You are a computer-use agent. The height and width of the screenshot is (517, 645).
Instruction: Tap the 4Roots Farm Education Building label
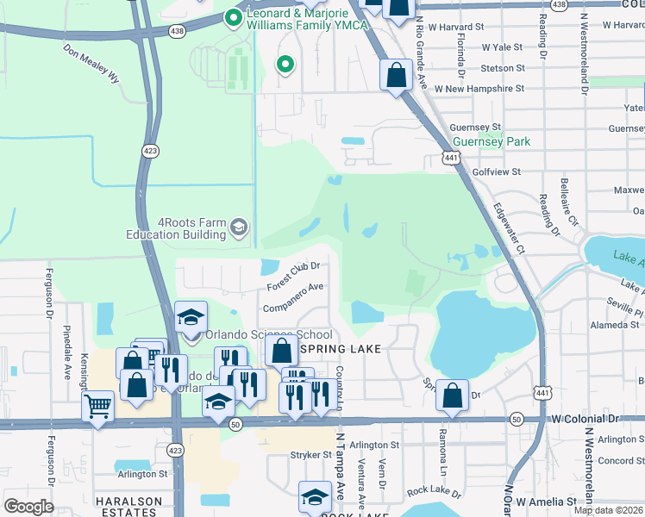[180, 227]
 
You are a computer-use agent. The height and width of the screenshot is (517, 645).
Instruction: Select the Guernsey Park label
[491, 141]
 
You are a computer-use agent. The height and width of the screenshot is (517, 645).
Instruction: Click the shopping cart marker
[97, 405]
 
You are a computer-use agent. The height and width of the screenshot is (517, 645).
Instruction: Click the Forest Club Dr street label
[293, 275]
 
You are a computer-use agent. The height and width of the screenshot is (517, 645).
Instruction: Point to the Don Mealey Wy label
[91, 65]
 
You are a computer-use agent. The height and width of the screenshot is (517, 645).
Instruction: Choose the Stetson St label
[503, 68]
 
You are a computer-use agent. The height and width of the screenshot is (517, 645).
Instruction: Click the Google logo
[28, 507]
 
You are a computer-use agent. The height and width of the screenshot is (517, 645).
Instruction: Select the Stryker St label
[311, 454]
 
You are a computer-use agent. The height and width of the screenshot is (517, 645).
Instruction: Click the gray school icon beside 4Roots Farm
[239, 227]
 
